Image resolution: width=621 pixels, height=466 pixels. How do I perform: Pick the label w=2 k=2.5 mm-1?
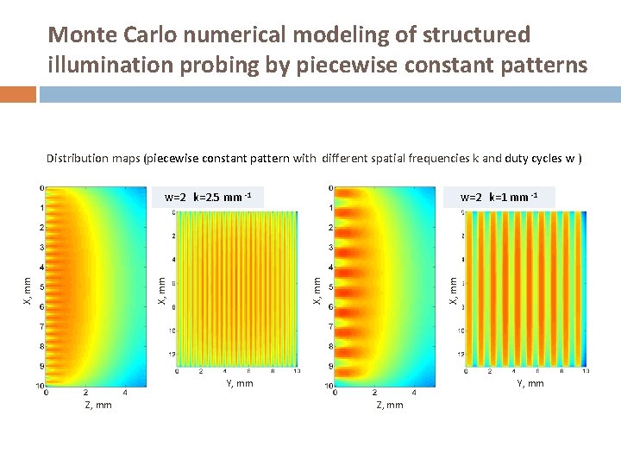point(207,198)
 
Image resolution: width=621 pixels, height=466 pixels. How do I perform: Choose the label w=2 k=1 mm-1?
point(499,198)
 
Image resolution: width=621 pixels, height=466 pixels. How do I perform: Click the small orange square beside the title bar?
point(17,93)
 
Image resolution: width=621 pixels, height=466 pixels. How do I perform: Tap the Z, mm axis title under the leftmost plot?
point(97,405)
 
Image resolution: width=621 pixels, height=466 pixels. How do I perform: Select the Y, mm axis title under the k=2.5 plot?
point(239,383)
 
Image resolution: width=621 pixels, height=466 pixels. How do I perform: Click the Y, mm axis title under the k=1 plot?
point(530,383)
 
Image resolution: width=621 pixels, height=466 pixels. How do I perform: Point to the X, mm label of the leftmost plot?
point(26,290)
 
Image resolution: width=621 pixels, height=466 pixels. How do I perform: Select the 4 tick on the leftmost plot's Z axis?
point(126,393)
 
